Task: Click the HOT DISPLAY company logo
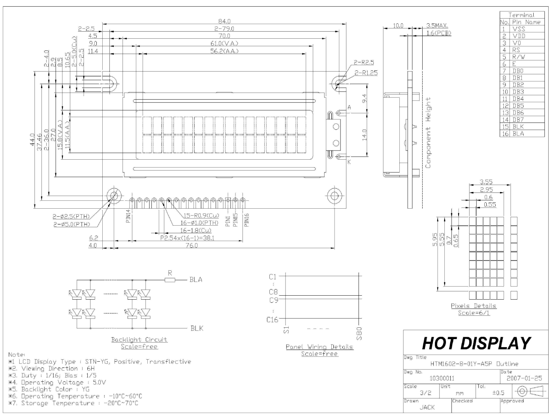(x=476, y=343)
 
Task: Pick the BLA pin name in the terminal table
(x=518, y=134)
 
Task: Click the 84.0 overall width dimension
(x=224, y=21)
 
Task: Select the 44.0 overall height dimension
(x=32, y=139)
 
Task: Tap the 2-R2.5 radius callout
(x=364, y=62)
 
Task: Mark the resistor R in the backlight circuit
(x=170, y=279)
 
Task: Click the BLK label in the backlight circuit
(x=197, y=328)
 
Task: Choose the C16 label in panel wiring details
(x=272, y=319)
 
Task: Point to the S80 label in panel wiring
(x=359, y=333)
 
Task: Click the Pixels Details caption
(x=474, y=306)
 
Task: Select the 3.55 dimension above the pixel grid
(x=486, y=182)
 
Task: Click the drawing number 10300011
(x=442, y=378)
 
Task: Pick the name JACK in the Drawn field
(x=427, y=407)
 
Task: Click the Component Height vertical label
(x=429, y=133)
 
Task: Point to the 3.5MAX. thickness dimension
(x=437, y=26)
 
